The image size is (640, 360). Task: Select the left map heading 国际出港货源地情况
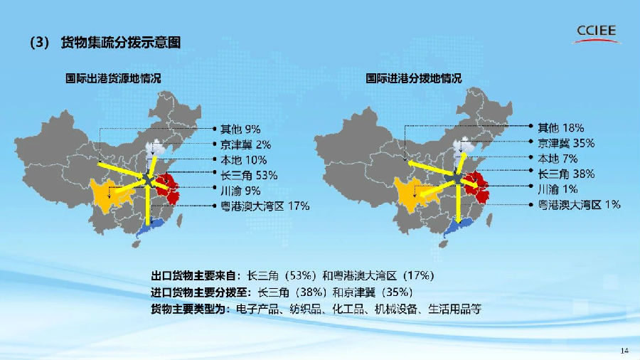tap(114, 79)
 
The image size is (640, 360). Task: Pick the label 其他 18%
tap(561, 128)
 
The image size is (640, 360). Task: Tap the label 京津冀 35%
tap(566, 143)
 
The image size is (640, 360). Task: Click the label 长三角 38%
tap(566, 174)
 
